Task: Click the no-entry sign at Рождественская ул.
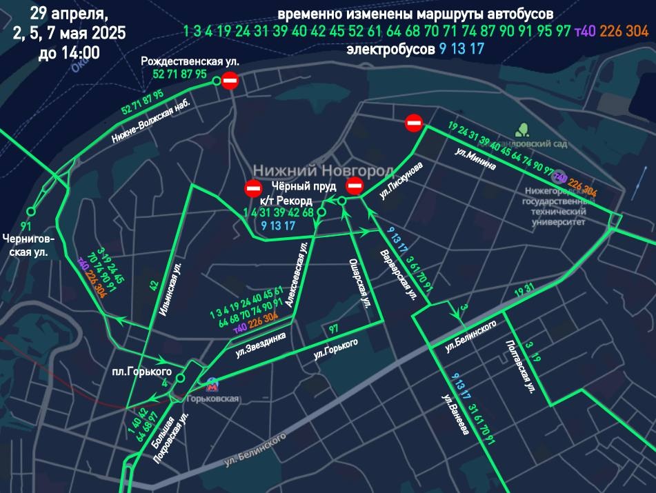(x=230, y=82)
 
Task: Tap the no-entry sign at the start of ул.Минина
(x=414, y=123)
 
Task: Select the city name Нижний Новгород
(x=323, y=170)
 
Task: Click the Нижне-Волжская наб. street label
(x=151, y=119)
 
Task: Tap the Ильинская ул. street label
(x=170, y=289)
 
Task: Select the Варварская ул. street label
(x=399, y=275)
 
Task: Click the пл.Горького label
(x=142, y=372)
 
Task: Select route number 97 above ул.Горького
(x=334, y=328)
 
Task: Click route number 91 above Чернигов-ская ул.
(x=27, y=226)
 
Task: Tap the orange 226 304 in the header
(x=624, y=32)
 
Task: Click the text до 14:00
(x=68, y=52)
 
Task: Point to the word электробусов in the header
(x=390, y=50)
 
